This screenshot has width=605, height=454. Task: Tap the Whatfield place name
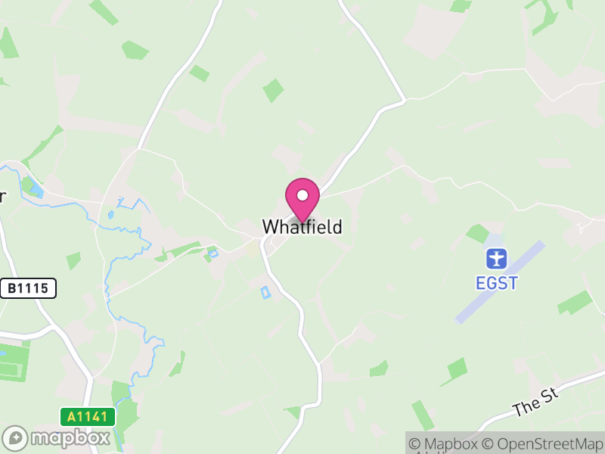[302, 226]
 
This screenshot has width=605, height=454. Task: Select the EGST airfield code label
[496, 283]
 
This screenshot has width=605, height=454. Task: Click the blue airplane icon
[496, 259]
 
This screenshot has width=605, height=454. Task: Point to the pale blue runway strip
[499, 282]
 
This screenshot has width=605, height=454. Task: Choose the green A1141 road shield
[88, 416]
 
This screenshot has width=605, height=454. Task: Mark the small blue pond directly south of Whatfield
[264, 292]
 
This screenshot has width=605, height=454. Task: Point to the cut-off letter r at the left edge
[2, 197]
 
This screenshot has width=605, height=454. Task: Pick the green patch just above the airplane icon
[478, 234]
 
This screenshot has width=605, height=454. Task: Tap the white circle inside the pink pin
[302, 195]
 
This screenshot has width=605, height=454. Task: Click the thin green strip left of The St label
[423, 415]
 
